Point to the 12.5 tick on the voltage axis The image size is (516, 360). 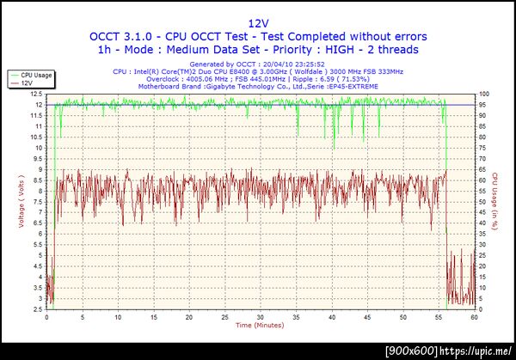click(x=38, y=94)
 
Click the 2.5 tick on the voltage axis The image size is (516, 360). click(x=39, y=308)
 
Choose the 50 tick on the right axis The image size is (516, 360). click(x=484, y=201)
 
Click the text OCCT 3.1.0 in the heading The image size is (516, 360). click(x=118, y=36)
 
